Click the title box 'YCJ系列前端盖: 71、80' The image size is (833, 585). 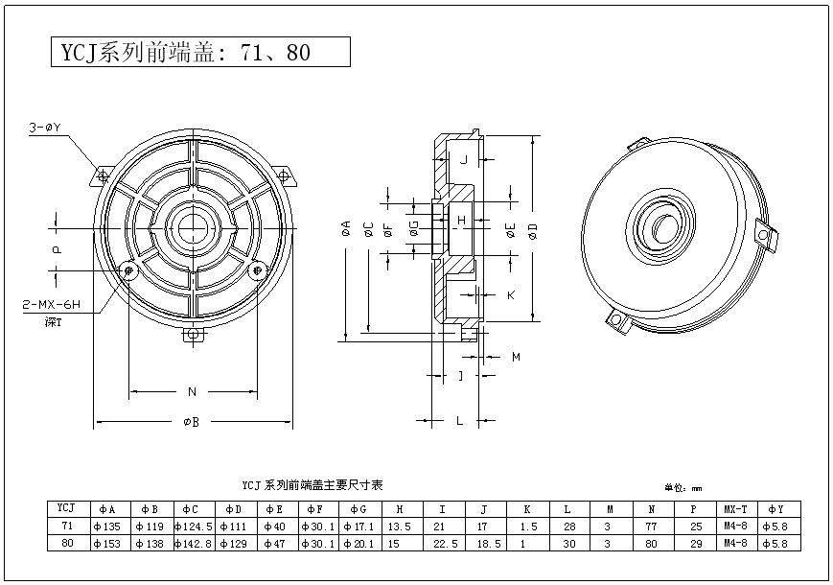(x=199, y=52)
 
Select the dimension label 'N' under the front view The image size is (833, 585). (x=192, y=391)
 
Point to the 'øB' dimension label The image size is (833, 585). (x=192, y=423)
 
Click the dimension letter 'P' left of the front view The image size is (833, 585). (x=57, y=248)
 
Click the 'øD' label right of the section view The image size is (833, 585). (x=533, y=228)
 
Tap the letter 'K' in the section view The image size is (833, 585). (x=510, y=294)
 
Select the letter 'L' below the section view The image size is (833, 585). (x=459, y=420)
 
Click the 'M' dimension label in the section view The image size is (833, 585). (x=515, y=357)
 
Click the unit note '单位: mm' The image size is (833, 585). (x=683, y=487)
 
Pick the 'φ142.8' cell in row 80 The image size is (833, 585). (x=194, y=544)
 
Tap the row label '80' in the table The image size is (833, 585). (x=67, y=544)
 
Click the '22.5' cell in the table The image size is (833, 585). (x=441, y=544)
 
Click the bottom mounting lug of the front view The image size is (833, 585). (x=195, y=335)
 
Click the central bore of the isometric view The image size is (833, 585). (x=660, y=226)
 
